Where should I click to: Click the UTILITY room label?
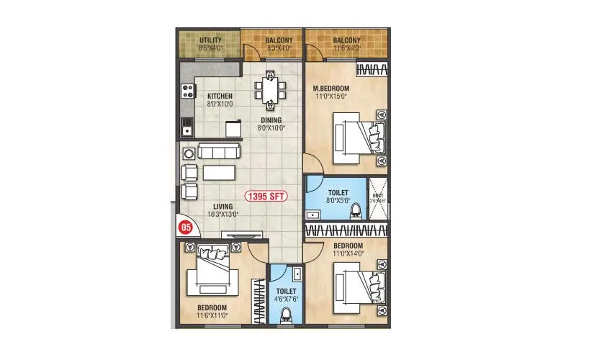210,40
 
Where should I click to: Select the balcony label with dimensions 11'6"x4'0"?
347,40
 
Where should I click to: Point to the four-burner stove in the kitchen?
187,91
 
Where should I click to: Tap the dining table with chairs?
269,89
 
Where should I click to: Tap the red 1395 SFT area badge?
265,196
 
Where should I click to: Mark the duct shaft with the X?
379,197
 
